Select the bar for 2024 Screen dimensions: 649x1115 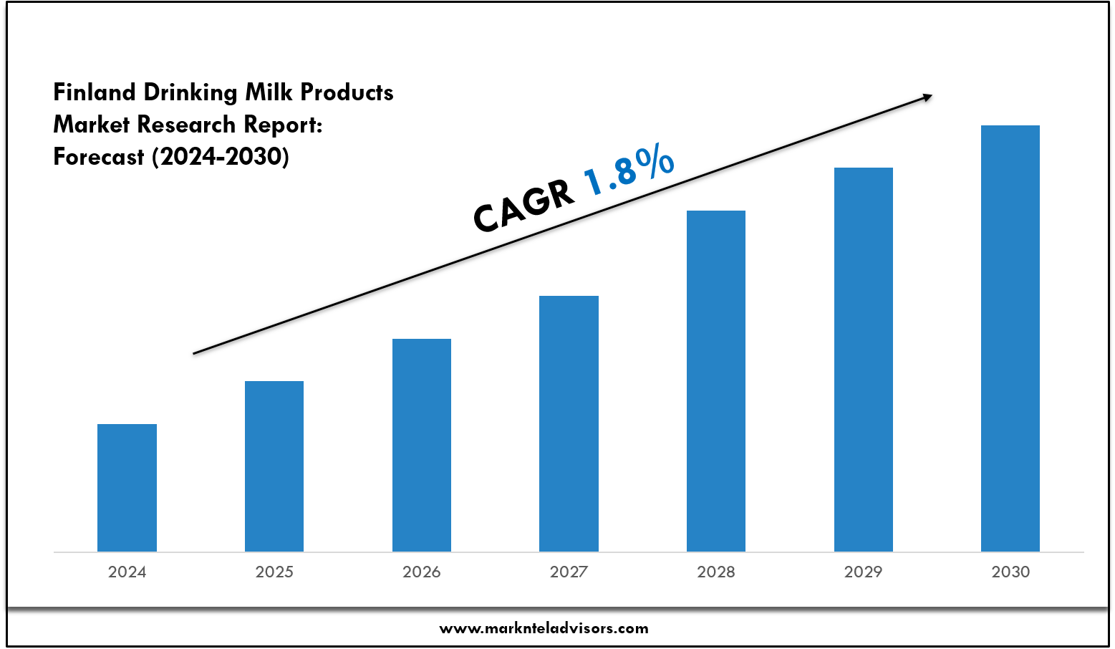pyautogui.click(x=127, y=487)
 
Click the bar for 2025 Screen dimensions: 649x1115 pyautogui.click(x=274, y=466)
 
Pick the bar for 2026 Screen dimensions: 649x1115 pyautogui.click(x=422, y=444)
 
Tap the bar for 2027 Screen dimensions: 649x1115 pyautogui.click(x=569, y=423)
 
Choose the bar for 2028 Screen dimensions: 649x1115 pyautogui.click(x=716, y=380)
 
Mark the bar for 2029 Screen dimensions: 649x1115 pyautogui.click(x=864, y=359)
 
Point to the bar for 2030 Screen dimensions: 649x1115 pyautogui.click(x=1010, y=338)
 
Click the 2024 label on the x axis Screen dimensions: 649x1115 pyautogui.click(x=127, y=572)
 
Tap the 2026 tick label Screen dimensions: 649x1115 pyautogui.click(x=422, y=572)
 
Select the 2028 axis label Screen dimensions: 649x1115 pyautogui.click(x=716, y=572)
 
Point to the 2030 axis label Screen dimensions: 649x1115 pyautogui.click(x=1010, y=572)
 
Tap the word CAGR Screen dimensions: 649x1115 pyautogui.click(x=523, y=206)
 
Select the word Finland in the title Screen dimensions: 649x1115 pyautogui.click(x=95, y=92)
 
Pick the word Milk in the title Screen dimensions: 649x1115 pyautogui.click(x=269, y=92)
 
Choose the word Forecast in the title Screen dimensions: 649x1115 pyautogui.click(x=99, y=156)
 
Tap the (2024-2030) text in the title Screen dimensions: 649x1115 pyautogui.click(x=221, y=156)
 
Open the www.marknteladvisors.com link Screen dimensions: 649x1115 pyautogui.click(x=544, y=629)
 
